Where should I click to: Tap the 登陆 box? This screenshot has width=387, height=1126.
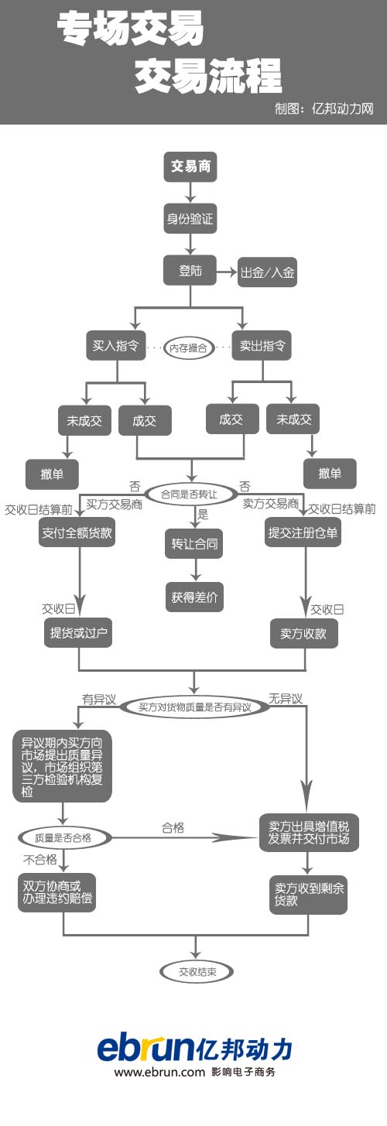coord(190,270)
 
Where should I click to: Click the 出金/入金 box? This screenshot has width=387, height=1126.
coord(267,272)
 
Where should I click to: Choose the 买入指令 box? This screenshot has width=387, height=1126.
coord(115,344)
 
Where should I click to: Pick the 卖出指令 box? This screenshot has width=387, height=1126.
coord(262,344)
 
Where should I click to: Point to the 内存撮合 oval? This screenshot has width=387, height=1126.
coord(188,347)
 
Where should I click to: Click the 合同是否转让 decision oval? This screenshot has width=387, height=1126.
coord(190,493)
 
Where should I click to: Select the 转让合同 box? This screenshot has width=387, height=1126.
coord(194,543)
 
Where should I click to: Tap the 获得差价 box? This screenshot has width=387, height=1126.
coord(194,597)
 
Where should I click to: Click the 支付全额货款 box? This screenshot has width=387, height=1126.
coord(77,532)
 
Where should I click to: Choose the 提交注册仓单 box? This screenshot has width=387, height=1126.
coord(303,532)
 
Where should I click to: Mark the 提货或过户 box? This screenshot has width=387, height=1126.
coord(77,633)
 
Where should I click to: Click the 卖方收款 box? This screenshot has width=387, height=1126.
coord(303,633)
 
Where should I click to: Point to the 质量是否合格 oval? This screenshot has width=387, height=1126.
coord(63,837)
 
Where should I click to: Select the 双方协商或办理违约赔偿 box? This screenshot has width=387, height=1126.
coord(57,892)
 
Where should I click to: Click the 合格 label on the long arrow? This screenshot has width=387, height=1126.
coord(173,827)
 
